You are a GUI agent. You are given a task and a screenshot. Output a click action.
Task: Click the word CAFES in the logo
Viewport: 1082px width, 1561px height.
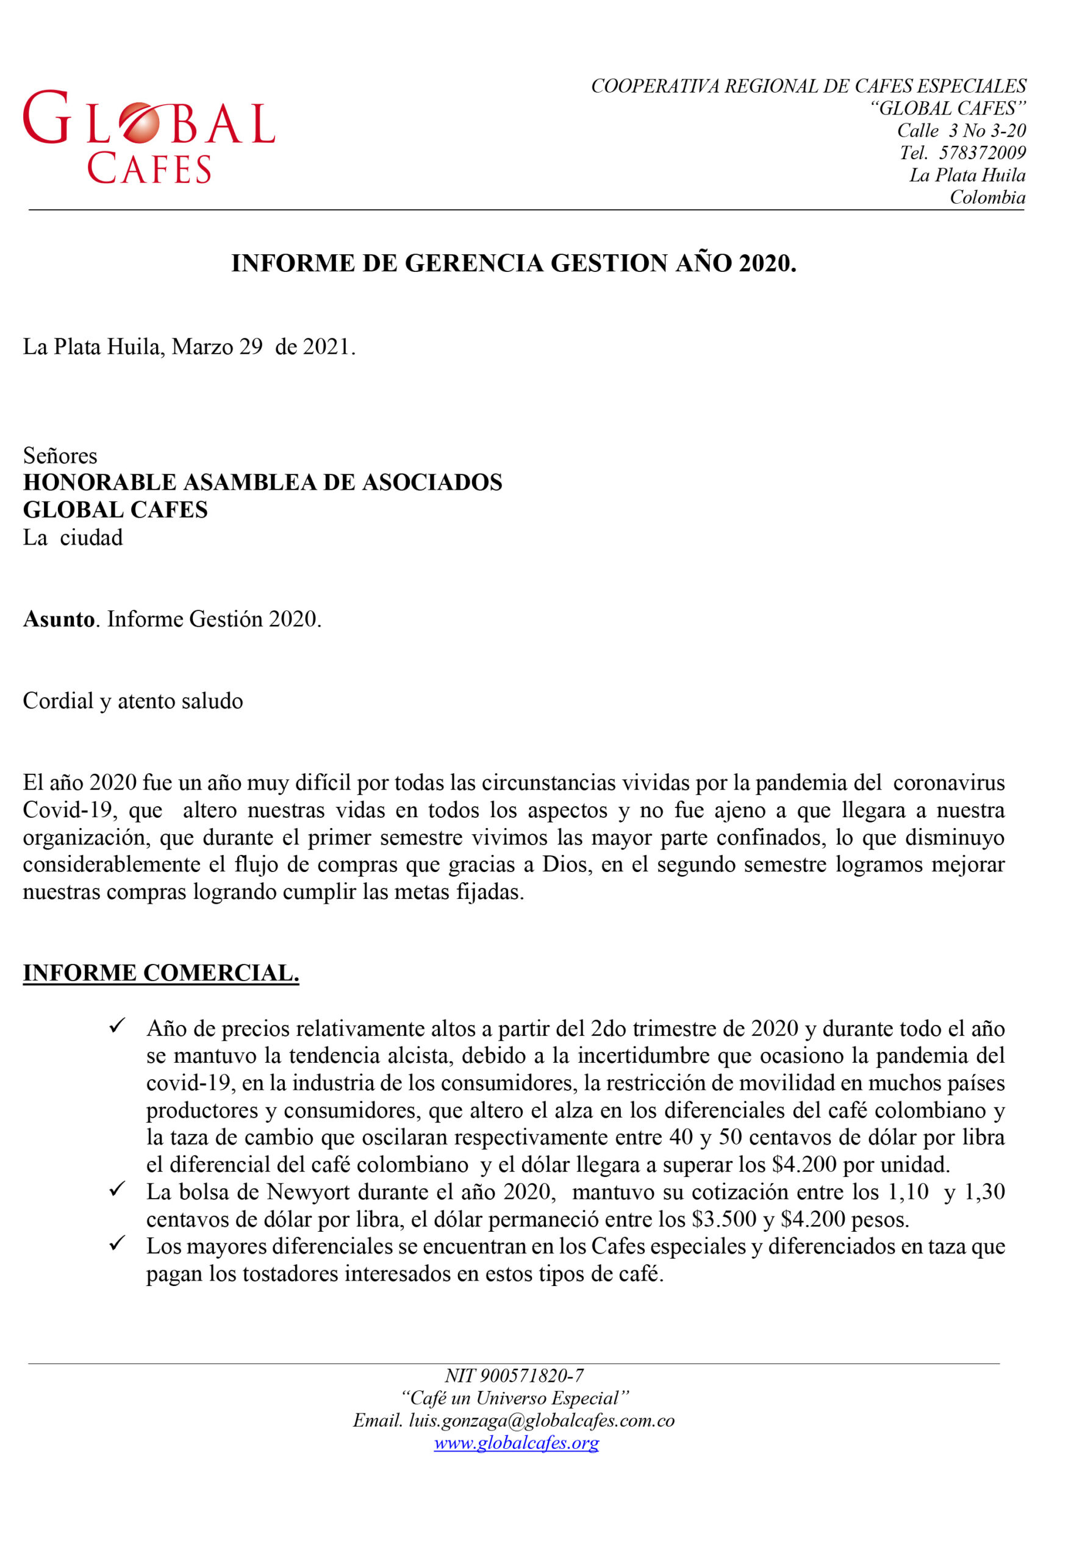[x=149, y=170]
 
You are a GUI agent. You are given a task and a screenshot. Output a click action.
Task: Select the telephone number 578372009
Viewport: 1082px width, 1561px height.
[x=983, y=153]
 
